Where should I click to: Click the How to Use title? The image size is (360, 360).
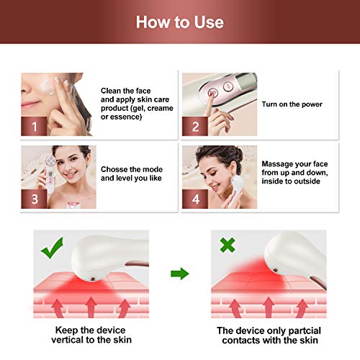(180, 22)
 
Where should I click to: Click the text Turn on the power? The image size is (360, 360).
(292, 104)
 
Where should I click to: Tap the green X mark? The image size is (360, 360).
(228, 246)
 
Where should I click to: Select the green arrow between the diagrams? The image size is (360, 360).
(179, 274)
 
